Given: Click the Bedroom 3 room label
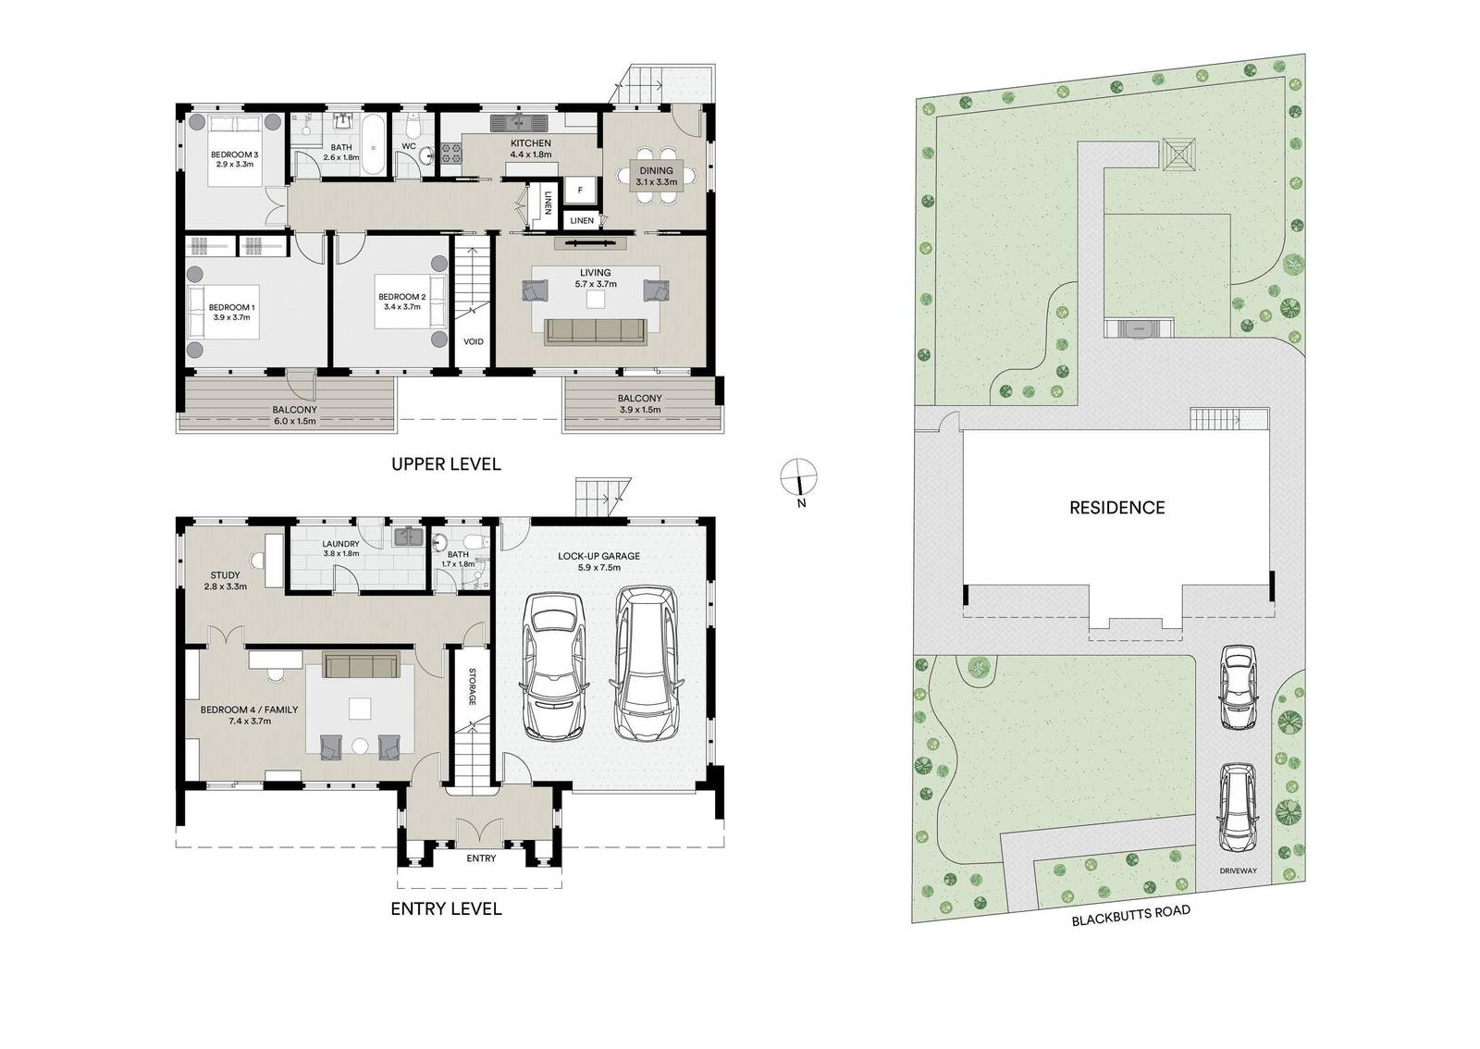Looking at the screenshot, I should coord(233,158).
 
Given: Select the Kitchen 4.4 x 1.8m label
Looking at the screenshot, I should coord(530,149).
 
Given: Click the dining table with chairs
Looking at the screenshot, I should coord(656,176).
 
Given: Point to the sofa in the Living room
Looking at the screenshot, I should coord(595,331).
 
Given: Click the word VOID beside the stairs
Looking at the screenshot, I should coord(473,341).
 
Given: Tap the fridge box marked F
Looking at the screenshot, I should coord(580,190).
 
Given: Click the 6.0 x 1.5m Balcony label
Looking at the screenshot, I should coord(294,414).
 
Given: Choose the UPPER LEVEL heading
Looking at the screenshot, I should coord(446,463).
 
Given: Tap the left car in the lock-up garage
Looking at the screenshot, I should coord(552,666).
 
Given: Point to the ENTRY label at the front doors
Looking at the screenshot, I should coord(481,858).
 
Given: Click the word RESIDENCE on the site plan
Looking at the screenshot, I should coord(1116,507).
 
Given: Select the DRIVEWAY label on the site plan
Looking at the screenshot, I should coord(1238,871).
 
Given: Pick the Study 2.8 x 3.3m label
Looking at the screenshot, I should coord(226,580).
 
